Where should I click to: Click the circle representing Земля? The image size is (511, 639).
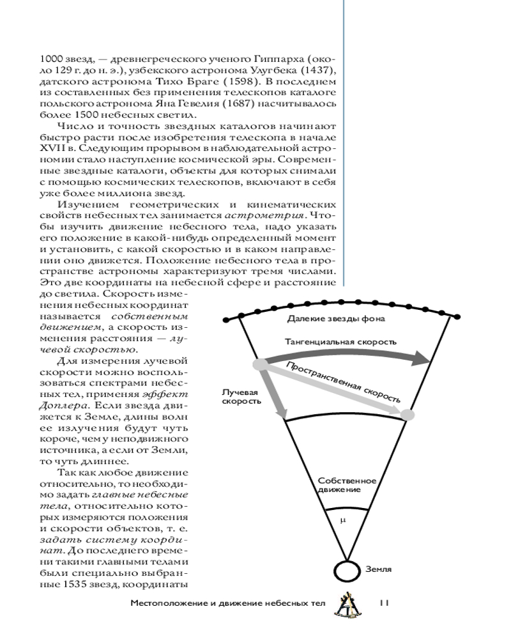pos(347,569)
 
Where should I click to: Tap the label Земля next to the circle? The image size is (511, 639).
pos(379,568)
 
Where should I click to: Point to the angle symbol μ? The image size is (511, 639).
pos(342,520)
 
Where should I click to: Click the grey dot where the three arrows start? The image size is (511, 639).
pos(259,364)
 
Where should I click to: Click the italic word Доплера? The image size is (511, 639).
pos(57,405)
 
